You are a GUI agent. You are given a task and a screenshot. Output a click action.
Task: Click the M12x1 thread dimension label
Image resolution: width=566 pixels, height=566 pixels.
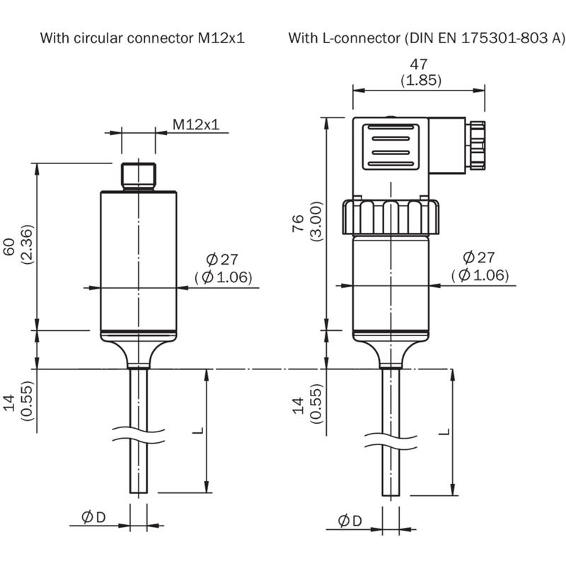pos(196,125)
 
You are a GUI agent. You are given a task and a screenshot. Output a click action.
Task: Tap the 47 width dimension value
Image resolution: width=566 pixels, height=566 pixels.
pos(419,64)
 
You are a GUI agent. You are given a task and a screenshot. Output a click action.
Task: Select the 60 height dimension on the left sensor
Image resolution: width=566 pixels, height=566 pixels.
pos(9,246)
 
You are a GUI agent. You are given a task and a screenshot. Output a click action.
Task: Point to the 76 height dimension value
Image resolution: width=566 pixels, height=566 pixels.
pos(299,223)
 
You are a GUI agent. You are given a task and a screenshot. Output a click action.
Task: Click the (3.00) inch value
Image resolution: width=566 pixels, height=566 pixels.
pos(316,221)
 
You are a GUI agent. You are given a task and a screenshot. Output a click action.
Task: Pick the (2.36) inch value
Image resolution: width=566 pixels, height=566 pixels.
pos(27,244)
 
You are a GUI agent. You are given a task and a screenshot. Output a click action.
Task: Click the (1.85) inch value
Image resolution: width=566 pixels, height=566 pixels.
pos(421,80)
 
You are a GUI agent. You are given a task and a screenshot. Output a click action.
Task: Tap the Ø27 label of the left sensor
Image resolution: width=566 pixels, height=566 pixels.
pos(222,259)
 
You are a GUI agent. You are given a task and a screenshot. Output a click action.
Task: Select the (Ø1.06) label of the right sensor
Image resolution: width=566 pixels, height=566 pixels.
pos(480,275)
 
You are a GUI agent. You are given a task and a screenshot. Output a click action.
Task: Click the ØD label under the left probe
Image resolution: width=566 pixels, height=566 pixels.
pos(93,517)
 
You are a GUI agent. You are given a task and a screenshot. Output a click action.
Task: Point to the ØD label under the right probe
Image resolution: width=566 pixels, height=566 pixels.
pos(350,521)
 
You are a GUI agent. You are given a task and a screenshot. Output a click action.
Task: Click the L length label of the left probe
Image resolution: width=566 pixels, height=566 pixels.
pos(198,431)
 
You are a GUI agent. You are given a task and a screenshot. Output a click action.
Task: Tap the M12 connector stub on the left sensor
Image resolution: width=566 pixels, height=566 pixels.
pos(139,176)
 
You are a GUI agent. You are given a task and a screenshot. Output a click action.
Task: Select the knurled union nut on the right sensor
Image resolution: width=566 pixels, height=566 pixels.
pos(391,217)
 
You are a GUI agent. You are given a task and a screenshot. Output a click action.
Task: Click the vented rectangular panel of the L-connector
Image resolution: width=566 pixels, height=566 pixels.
pos(391,147)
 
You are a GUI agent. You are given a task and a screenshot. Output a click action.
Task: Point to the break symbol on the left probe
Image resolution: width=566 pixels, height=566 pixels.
pos(139,435)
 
